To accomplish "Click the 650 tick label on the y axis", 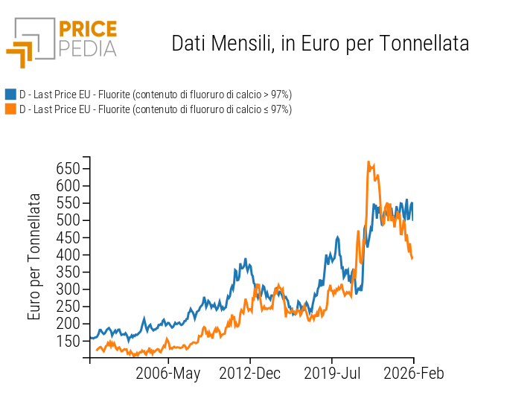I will point(69,168).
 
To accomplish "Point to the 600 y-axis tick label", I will point(69,185).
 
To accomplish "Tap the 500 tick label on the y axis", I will point(69,220).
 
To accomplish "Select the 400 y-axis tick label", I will point(69,254).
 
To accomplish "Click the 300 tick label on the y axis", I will point(69,289).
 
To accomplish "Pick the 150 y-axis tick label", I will point(69,341).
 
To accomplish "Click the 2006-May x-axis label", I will point(167,374).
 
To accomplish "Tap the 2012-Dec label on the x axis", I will point(250,374).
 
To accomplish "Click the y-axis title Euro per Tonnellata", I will point(34,256).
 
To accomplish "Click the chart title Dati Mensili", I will point(320,43).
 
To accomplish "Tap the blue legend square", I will point(10,95).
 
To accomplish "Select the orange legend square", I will point(10,109).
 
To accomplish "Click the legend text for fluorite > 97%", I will point(155,95).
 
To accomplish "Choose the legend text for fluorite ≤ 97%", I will point(155,109).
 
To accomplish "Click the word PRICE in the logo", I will point(87,30).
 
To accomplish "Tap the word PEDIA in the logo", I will point(87,48).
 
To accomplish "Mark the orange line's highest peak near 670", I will point(368,162).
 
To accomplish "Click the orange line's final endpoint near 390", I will point(412,258).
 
